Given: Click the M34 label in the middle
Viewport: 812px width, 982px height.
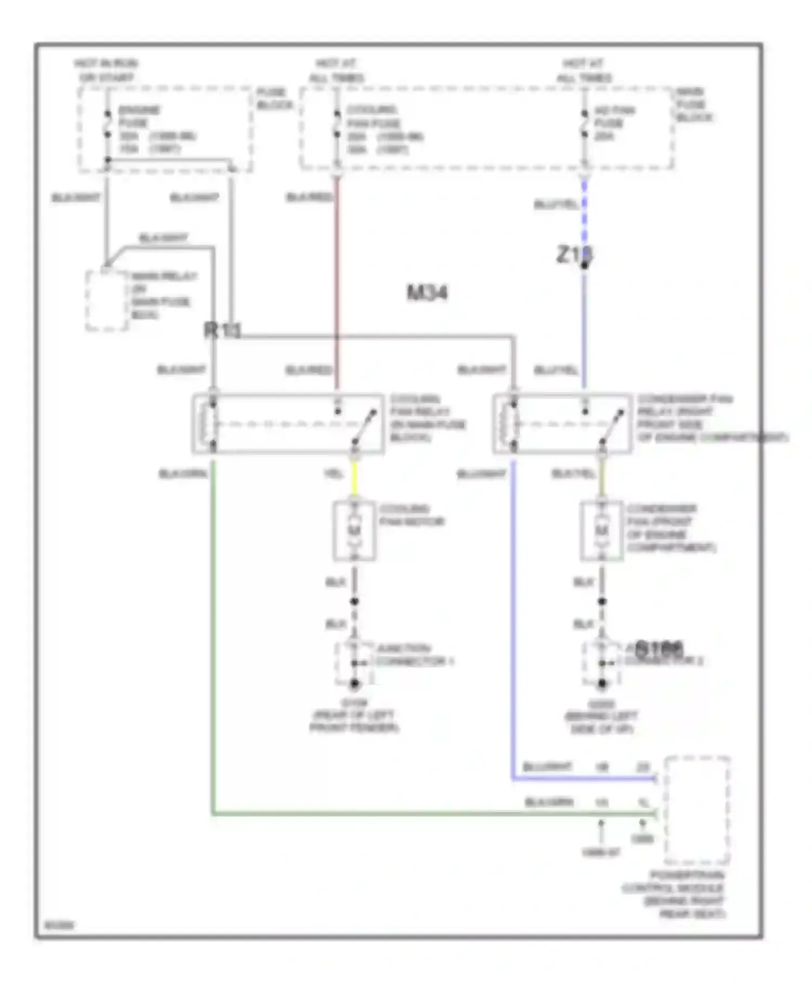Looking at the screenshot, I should coord(427,293).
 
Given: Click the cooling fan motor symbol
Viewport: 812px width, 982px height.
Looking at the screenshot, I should coord(355,531).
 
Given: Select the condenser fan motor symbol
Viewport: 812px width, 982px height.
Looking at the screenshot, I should coord(601,531).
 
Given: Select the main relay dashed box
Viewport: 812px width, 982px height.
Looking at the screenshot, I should coord(107,300).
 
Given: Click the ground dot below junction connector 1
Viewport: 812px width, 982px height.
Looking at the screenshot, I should coord(355,684).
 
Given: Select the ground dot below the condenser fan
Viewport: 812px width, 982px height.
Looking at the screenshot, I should coord(601,684).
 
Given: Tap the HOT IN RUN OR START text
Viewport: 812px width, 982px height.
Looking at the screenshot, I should coord(107,70).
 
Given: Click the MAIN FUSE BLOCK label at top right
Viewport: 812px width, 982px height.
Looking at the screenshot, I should coord(692,104).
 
